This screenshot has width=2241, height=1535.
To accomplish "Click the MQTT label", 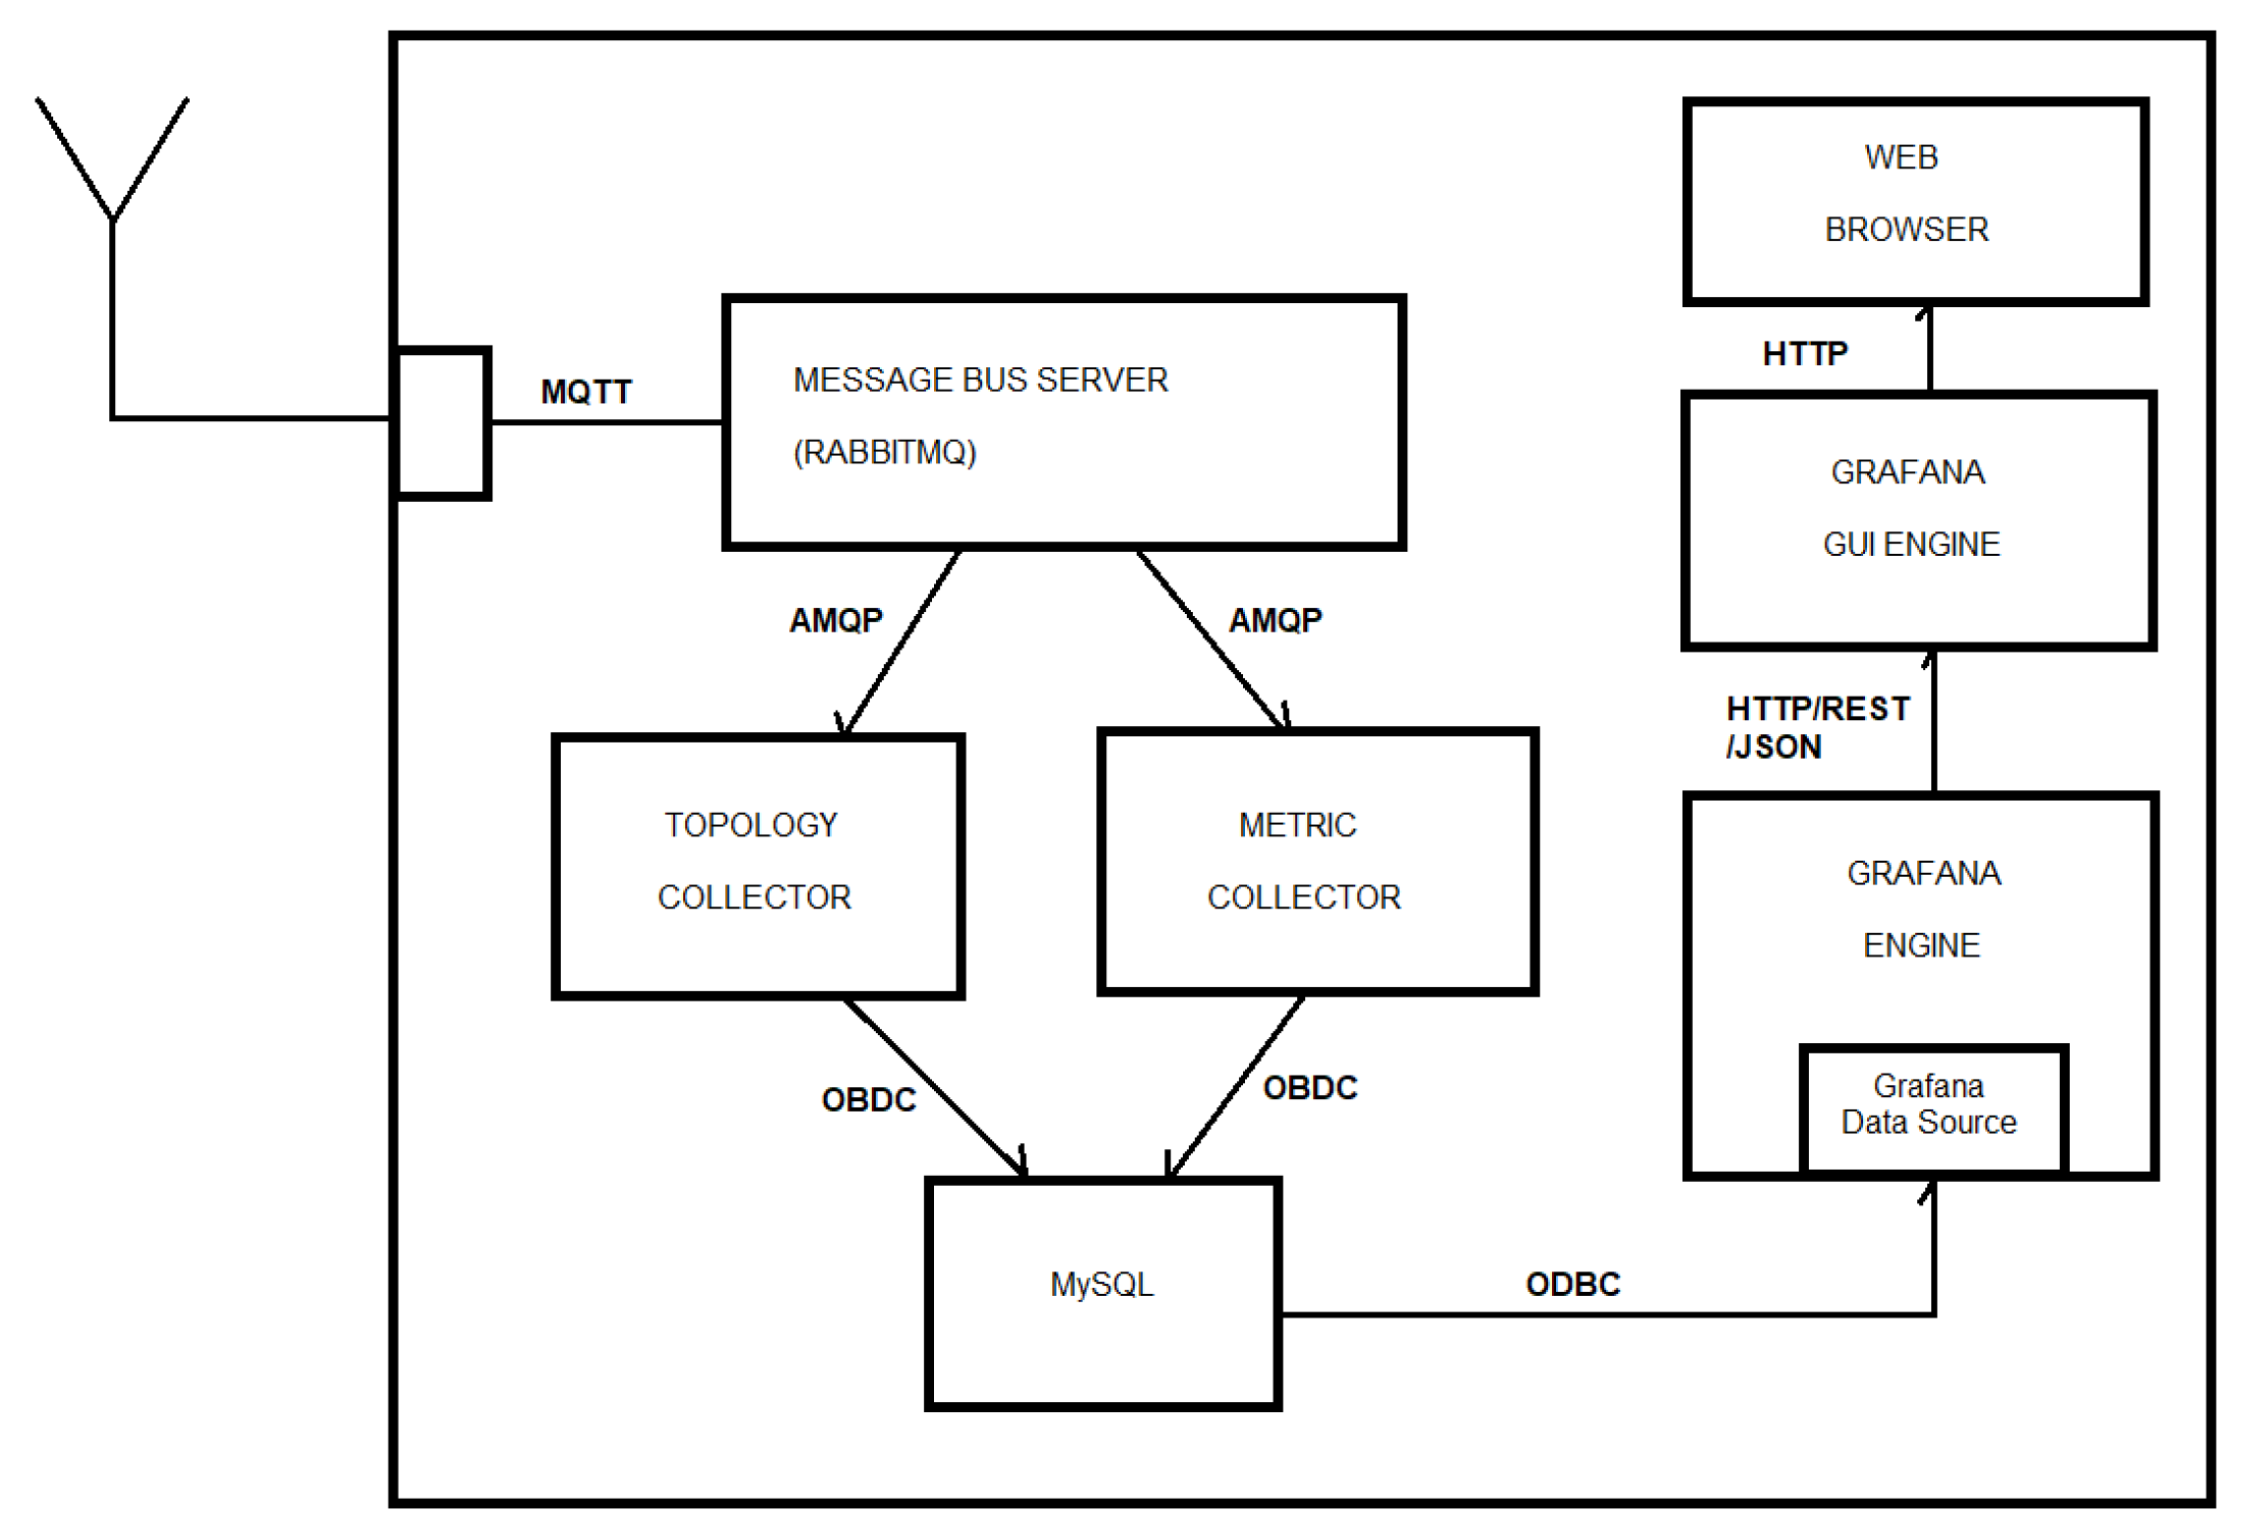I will tap(586, 392).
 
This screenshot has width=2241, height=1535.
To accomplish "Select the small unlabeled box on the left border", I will tap(442, 423).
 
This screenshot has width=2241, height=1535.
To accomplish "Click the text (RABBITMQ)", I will tap(884, 452).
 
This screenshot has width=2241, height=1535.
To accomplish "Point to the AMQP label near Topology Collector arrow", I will tap(836, 620).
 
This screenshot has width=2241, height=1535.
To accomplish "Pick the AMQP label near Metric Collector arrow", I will tap(1275, 620).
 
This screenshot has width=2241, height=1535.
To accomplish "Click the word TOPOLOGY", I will tap(750, 825).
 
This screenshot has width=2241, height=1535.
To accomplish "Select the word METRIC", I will tap(1296, 825).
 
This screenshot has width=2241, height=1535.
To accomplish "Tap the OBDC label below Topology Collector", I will tap(868, 1099).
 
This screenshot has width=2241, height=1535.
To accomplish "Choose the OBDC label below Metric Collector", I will tap(1309, 1087).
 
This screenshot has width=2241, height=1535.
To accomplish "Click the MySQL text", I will tap(1101, 1284).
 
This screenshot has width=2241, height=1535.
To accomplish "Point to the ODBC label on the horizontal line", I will tap(1572, 1284).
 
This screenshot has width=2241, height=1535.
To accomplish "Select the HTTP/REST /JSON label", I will tap(1816, 727).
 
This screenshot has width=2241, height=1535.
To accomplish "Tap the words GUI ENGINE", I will tap(1910, 544).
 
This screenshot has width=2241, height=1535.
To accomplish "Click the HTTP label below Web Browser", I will tap(1804, 353).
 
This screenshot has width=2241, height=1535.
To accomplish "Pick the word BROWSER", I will tap(1905, 229).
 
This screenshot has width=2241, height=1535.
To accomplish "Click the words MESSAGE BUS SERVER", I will tap(979, 380).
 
